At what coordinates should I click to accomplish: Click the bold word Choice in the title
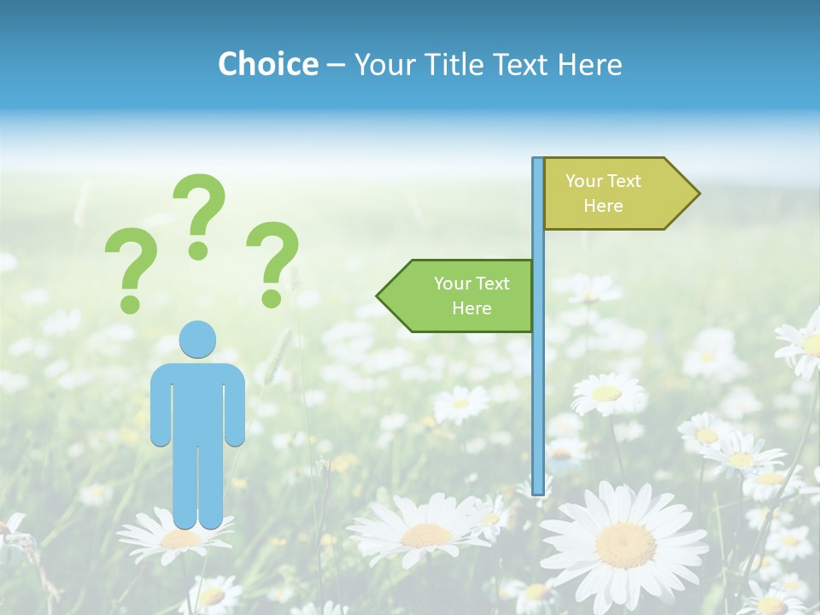coord(267,64)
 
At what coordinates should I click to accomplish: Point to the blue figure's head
coord(197,339)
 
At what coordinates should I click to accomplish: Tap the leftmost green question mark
coord(131,266)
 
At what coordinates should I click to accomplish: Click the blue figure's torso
coord(197,401)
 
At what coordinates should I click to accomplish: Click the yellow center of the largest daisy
coord(625,545)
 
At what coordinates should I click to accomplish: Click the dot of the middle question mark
coord(198,250)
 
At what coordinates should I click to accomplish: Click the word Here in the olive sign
coord(603,206)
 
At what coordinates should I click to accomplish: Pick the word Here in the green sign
coord(471,308)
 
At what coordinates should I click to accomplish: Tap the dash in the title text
coord(336,65)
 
